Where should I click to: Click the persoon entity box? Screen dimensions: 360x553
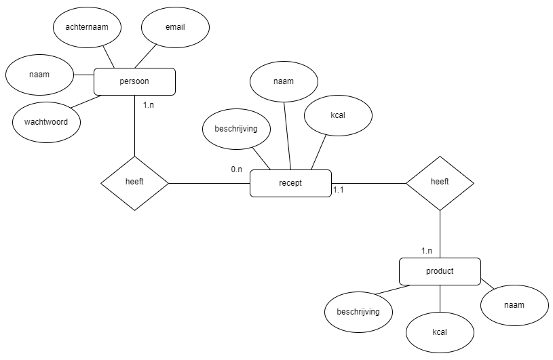tap(134, 81)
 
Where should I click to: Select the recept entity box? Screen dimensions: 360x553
tap(290, 183)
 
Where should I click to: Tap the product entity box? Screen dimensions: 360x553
tap(440, 271)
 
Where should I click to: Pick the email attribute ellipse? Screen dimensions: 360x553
tap(175, 27)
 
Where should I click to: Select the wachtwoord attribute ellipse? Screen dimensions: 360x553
tap(46, 123)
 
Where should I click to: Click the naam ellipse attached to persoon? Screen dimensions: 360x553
tap(39, 75)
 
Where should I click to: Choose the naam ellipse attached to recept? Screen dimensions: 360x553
tap(284, 81)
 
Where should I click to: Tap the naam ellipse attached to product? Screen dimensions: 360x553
tap(514, 305)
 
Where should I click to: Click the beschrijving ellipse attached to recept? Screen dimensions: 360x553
tap(236, 129)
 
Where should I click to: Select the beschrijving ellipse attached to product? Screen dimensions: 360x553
tap(358, 312)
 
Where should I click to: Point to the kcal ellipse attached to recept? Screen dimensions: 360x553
tap(338, 115)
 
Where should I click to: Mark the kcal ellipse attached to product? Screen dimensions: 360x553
tap(440, 333)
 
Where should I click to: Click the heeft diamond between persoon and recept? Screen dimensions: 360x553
tap(134, 183)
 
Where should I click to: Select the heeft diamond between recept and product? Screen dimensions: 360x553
tap(440, 182)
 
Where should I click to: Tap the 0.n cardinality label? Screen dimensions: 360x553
tap(236, 169)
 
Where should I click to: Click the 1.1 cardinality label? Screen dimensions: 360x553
tap(339, 191)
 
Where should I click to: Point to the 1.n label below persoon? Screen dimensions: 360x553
tap(149, 105)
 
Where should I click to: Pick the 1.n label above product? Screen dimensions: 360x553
tap(426, 250)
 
